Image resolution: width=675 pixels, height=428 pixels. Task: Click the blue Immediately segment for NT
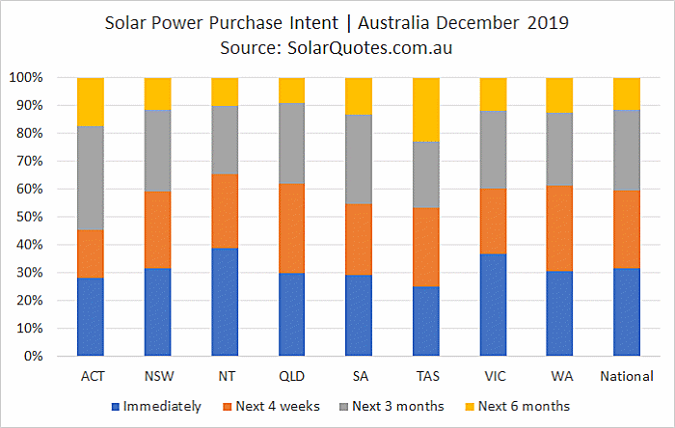coord(225,302)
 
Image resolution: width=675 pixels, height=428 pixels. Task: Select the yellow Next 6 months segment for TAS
coord(426,110)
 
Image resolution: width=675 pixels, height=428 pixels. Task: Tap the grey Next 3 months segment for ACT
coord(91,178)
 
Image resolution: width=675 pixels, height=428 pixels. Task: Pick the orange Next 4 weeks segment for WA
coord(559,228)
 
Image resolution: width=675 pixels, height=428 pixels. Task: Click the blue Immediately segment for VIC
coord(494,305)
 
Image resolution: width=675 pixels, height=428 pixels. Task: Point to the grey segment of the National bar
coord(627,150)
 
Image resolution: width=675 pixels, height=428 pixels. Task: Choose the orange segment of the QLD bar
coord(292,228)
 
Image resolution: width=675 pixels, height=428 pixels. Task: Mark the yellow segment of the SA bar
coord(359,96)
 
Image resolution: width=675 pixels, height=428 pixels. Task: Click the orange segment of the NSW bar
coord(157,229)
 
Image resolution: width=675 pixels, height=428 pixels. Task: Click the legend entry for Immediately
coord(156,406)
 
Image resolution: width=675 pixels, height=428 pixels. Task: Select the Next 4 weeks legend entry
coord(272,406)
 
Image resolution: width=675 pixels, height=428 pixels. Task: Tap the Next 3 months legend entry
coord(391,406)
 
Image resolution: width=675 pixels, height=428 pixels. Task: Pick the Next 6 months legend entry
coord(518,406)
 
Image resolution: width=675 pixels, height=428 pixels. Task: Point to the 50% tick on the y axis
coord(30,217)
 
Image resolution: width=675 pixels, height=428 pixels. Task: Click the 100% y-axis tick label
coord(26,78)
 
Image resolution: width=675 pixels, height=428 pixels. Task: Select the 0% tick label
coord(33,356)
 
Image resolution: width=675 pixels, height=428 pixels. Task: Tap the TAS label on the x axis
coord(428,376)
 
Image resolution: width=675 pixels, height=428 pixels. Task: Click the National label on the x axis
coord(627,376)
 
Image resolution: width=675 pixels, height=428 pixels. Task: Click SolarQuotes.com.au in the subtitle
coord(369,48)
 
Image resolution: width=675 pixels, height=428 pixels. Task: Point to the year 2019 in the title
coord(548,23)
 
